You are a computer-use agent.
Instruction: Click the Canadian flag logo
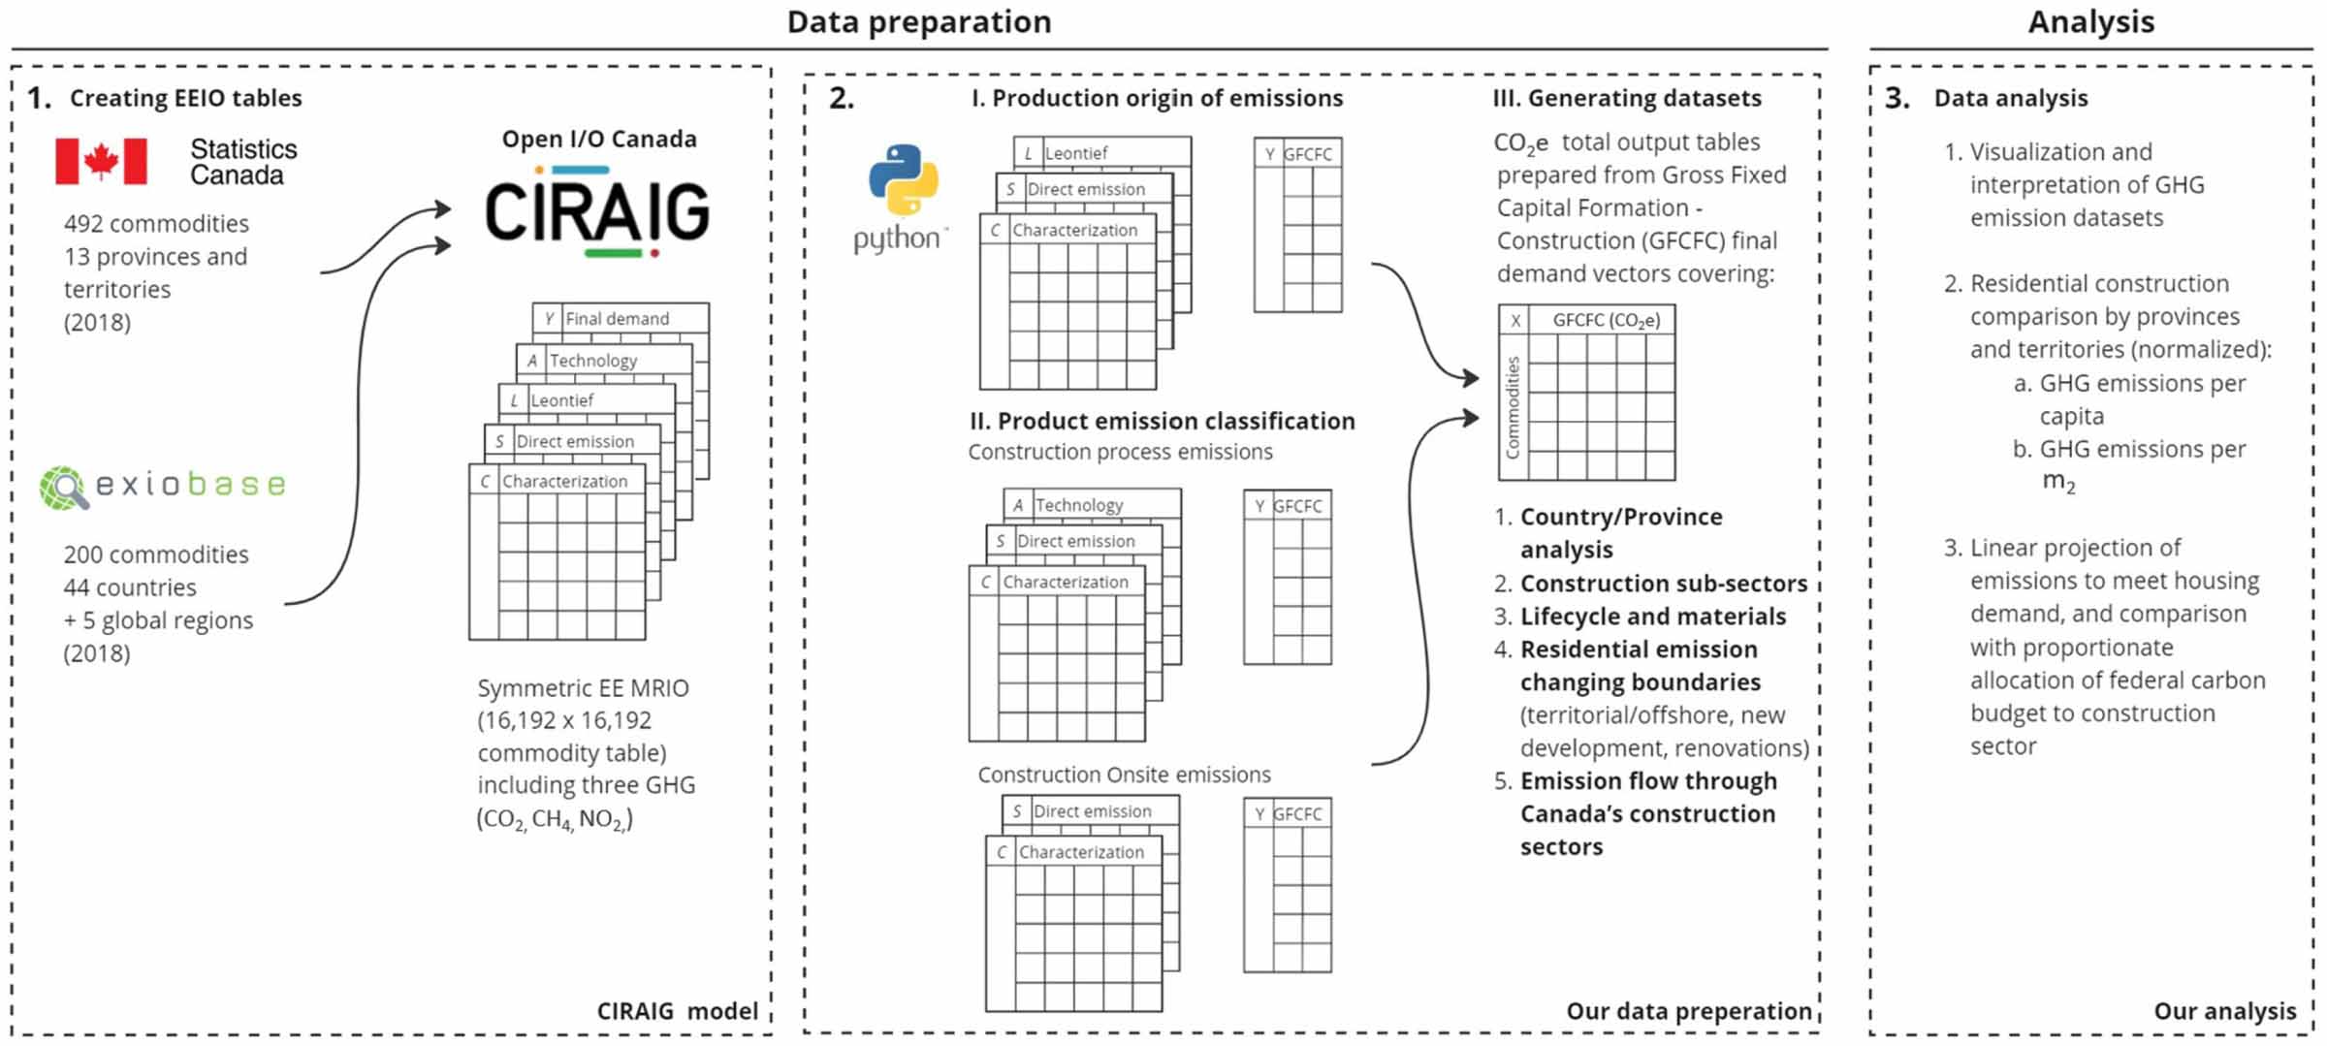(101, 161)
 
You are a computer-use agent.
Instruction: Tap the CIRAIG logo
(597, 211)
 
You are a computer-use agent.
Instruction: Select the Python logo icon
(903, 179)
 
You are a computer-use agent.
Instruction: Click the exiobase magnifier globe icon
(63, 487)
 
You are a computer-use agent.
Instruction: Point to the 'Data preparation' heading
(918, 21)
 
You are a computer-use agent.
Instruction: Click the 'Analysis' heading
(2090, 21)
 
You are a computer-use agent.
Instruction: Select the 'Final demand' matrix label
(617, 318)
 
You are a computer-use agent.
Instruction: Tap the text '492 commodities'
(156, 224)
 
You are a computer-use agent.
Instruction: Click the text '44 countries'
(130, 587)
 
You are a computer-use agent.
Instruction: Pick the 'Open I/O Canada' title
(599, 139)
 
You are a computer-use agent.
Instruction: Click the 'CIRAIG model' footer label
(677, 1011)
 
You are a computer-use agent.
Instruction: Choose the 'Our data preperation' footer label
(1688, 1011)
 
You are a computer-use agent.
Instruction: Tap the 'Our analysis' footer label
(2224, 1011)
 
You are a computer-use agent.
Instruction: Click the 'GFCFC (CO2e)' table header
(1606, 321)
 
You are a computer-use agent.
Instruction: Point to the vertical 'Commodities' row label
(1513, 407)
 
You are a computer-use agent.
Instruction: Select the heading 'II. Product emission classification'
(1162, 421)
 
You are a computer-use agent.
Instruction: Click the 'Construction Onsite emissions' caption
(1124, 775)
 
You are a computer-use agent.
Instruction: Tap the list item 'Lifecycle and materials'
(1652, 617)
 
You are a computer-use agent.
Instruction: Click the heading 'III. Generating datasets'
(1627, 98)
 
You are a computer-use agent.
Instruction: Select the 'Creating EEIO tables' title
(185, 98)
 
